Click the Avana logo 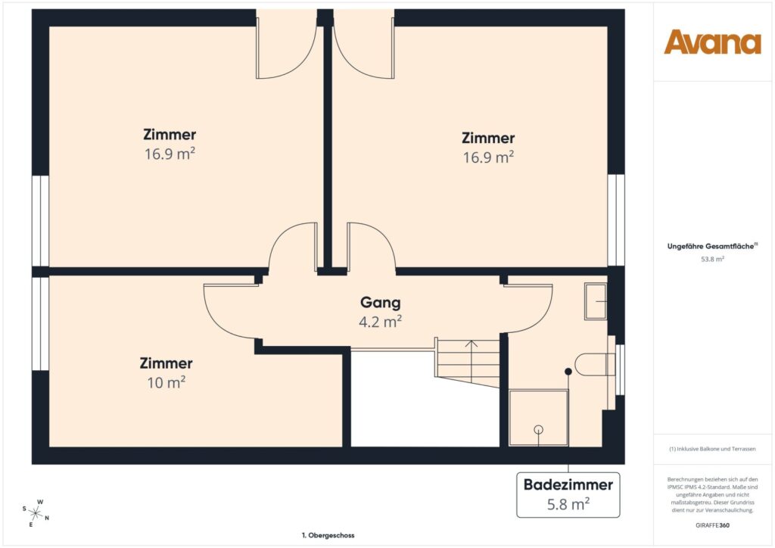pyautogui.click(x=712, y=42)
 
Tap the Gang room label pyautogui.click(x=380, y=303)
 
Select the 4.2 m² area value pyautogui.click(x=380, y=321)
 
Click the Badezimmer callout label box pyautogui.click(x=568, y=494)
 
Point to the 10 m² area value pyautogui.click(x=167, y=382)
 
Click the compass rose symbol pyautogui.click(x=35, y=512)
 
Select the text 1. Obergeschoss pyautogui.click(x=328, y=535)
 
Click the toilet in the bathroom pyautogui.click(x=595, y=365)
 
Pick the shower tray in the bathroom pyautogui.click(x=538, y=417)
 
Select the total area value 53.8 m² pyautogui.click(x=712, y=259)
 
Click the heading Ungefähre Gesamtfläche pyautogui.click(x=712, y=246)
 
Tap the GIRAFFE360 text pyautogui.click(x=712, y=525)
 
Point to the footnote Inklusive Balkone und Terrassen pyautogui.click(x=712, y=449)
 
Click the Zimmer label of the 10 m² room pyautogui.click(x=167, y=363)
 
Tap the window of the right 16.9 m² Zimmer pyautogui.click(x=616, y=220)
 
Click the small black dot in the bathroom pyautogui.click(x=568, y=371)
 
